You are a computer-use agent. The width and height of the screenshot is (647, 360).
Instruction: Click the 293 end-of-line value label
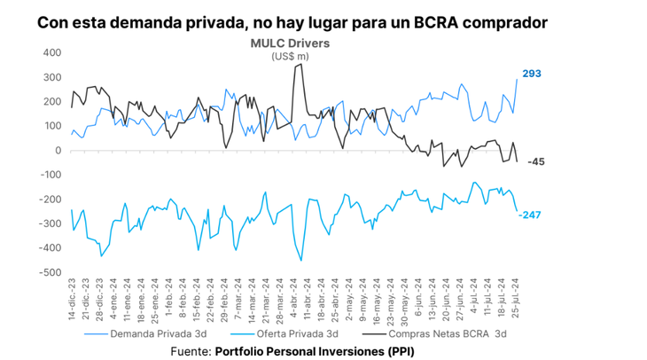click(532, 74)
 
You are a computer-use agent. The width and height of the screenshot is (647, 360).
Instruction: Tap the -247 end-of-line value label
click(533, 215)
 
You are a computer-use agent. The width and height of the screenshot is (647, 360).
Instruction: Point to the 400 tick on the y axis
click(51, 52)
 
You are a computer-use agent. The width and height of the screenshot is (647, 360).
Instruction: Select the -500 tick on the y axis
click(50, 272)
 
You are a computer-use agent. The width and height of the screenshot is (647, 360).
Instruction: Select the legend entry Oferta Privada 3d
click(295, 336)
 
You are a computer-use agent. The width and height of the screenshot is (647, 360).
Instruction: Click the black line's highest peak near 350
click(300, 65)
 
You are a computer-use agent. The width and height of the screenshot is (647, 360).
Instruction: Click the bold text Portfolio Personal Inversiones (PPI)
click(315, 351)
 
